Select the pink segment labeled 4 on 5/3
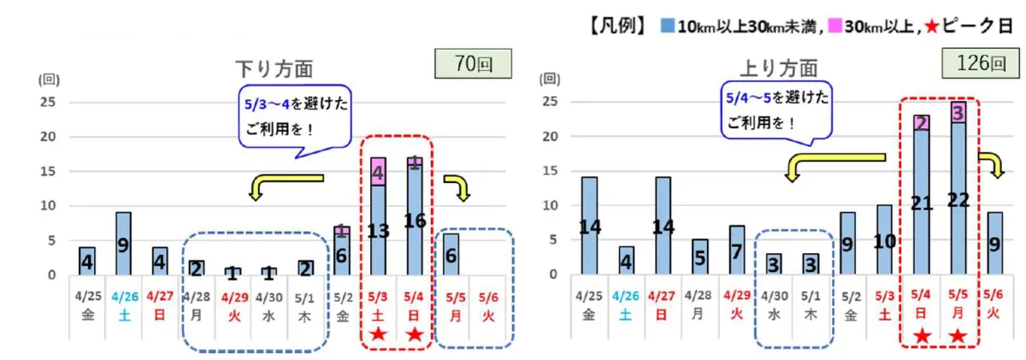(378, 172)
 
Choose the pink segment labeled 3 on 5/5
(958, 112)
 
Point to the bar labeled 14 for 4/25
(589, 226)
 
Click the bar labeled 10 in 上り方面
(883, 240)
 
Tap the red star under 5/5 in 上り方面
(958, 335)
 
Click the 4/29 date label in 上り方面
(735, 296)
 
